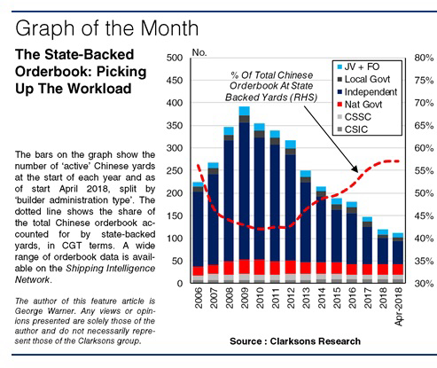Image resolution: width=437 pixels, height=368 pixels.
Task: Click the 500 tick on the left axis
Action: click(x=175, y=59)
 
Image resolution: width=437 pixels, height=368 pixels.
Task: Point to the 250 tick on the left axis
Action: click(x=175, y=170)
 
